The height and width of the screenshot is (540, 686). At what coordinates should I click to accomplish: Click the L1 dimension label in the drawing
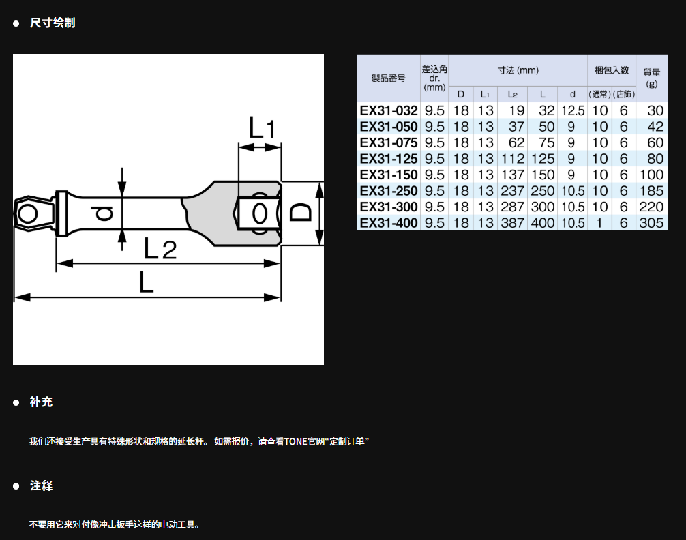[262, 127]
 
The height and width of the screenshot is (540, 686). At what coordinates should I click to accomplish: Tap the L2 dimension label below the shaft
[160, 249]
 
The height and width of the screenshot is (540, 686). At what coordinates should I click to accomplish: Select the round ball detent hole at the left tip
[27, 214]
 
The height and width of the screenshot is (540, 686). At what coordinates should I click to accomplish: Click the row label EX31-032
[389, 110]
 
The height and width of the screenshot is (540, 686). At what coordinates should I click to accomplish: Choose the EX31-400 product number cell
[389, 223]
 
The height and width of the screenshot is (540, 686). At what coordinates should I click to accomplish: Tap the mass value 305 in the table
[651, 223]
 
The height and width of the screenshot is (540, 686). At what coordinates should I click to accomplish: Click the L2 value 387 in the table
[512, 223]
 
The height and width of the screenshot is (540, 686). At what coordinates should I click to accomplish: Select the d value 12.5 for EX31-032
[573, 110]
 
